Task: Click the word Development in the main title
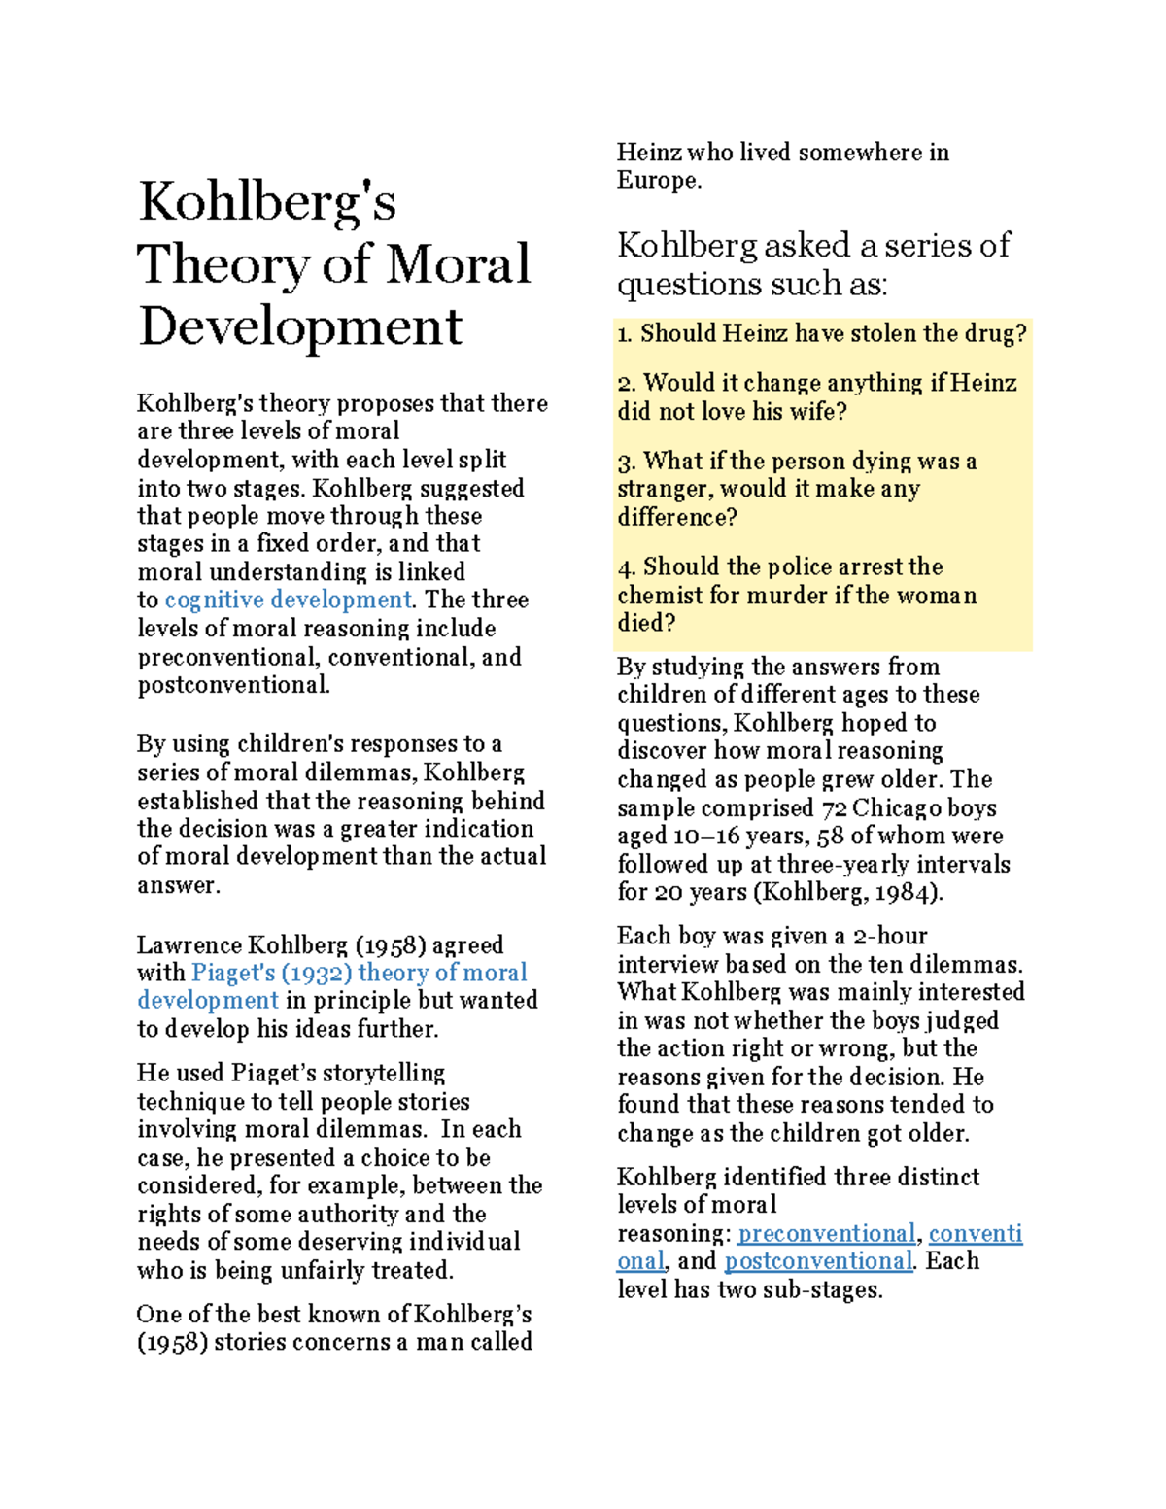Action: click(300, 327)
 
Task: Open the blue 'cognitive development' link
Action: click(288, 600)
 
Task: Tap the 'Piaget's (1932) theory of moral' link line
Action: click(359, 973)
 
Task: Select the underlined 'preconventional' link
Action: click(826, 1233)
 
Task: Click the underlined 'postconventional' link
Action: click(818, 1261)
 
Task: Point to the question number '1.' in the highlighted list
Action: click(625, 334)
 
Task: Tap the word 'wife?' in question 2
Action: click(817, 412)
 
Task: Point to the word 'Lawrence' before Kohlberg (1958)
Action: click(189, 945)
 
